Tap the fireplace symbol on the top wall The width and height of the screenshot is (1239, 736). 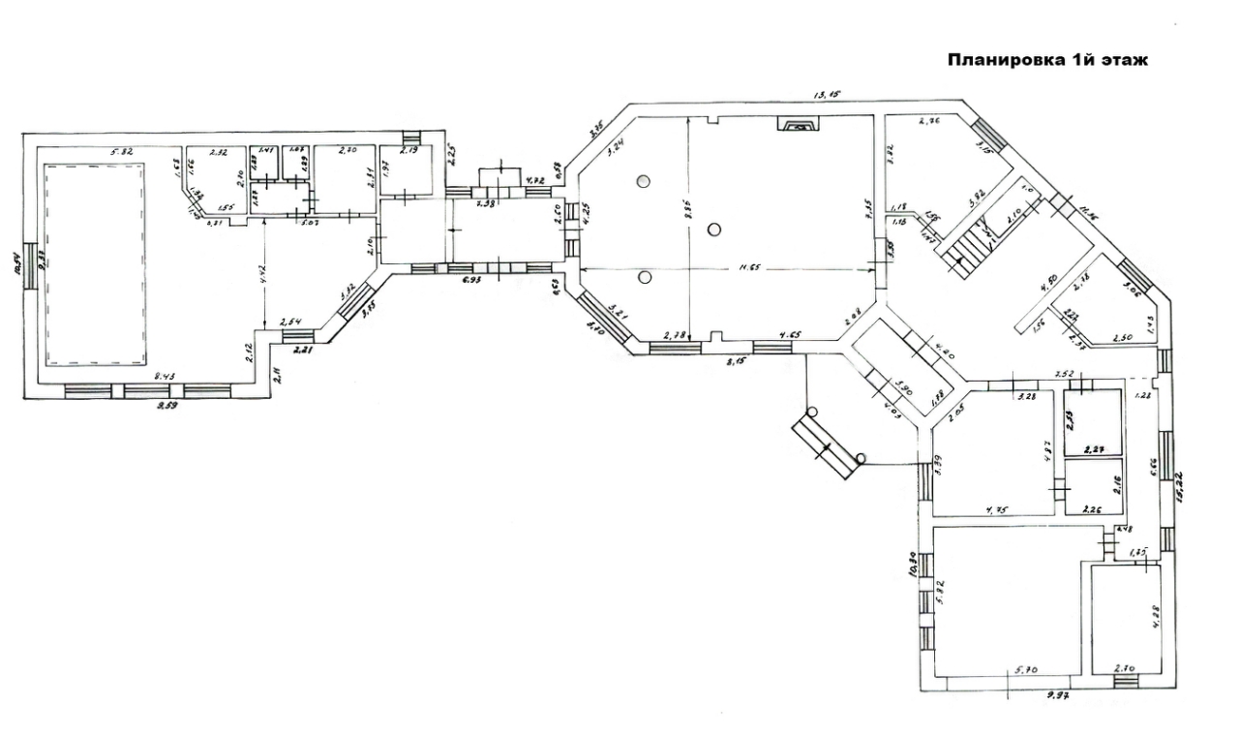coord(799,124)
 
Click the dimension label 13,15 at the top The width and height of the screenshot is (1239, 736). coord(828,94)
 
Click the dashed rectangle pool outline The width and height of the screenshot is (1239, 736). coord(94,264)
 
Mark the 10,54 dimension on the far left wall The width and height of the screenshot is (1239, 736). coord(17,264)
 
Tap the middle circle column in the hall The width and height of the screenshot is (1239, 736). coord(713,230)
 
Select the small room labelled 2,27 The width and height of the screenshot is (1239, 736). coord(1093,422)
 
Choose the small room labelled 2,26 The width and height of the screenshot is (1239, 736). coord(1093,487)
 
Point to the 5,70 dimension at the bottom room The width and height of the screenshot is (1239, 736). coord(1026,669)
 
